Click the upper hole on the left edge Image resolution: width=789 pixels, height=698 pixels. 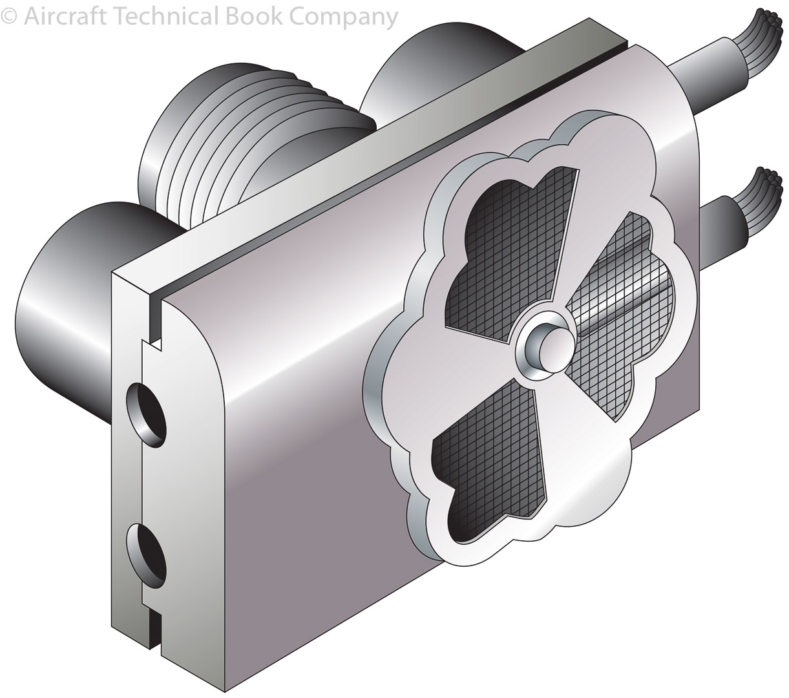coord(147,416)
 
